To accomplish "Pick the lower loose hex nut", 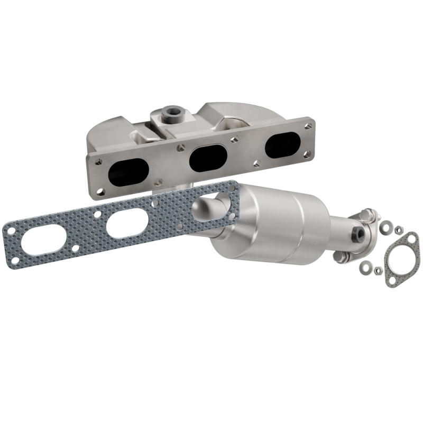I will coord(378,271).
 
